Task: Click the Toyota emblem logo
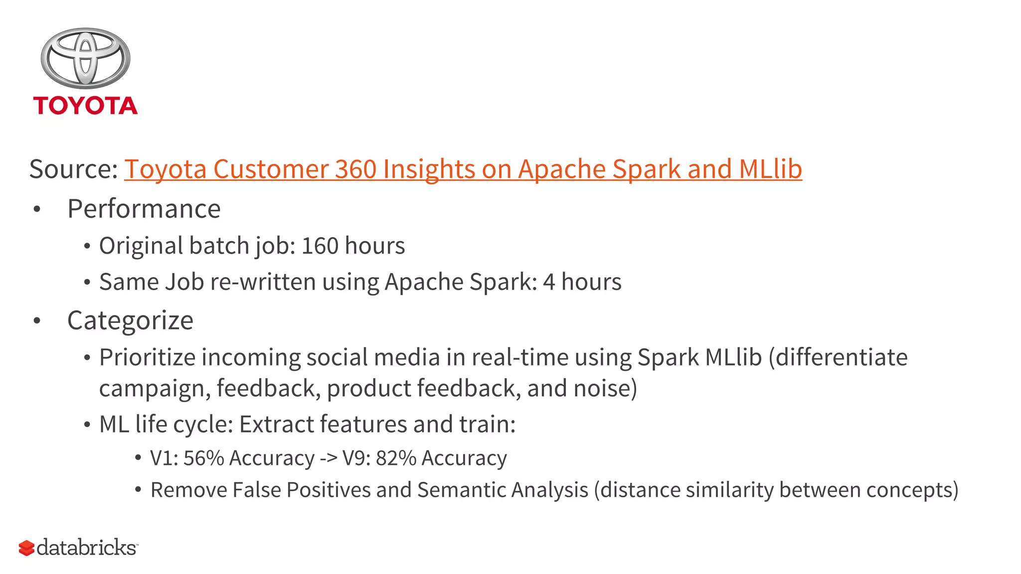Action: [85, 58]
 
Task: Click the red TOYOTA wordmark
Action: [85, 106]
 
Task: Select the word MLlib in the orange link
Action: [770, 169]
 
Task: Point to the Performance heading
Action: [144, 208]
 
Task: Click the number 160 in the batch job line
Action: [320, 246]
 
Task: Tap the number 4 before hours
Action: [549, 282]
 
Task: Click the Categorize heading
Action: [130, 320]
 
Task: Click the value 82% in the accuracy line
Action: [396, 458]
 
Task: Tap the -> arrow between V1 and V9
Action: [329, 458]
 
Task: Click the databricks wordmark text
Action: [87, 548]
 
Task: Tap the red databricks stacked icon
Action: [26, 548]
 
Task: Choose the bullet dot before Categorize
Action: [36, 321]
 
